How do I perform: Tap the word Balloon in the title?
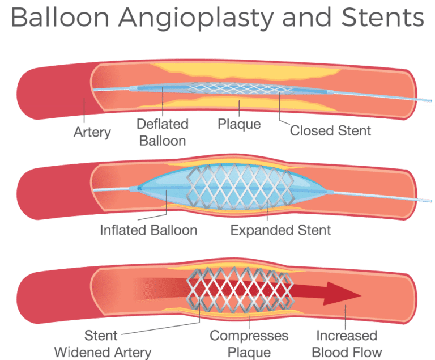pyautogui.click(x=53, y=18)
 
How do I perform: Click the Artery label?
pyautogui.click(x=92, y=132)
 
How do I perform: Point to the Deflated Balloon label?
pyautogui.click(x=163, y=132)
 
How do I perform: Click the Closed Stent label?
pyautogui.click(x=331, y=131)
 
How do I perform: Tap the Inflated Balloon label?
pyautogui.click(x=148, y=231)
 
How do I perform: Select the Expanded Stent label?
pyautogui.click(x=281, y=231)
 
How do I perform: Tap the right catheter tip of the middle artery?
pyautogui.click(x=426, y=201)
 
